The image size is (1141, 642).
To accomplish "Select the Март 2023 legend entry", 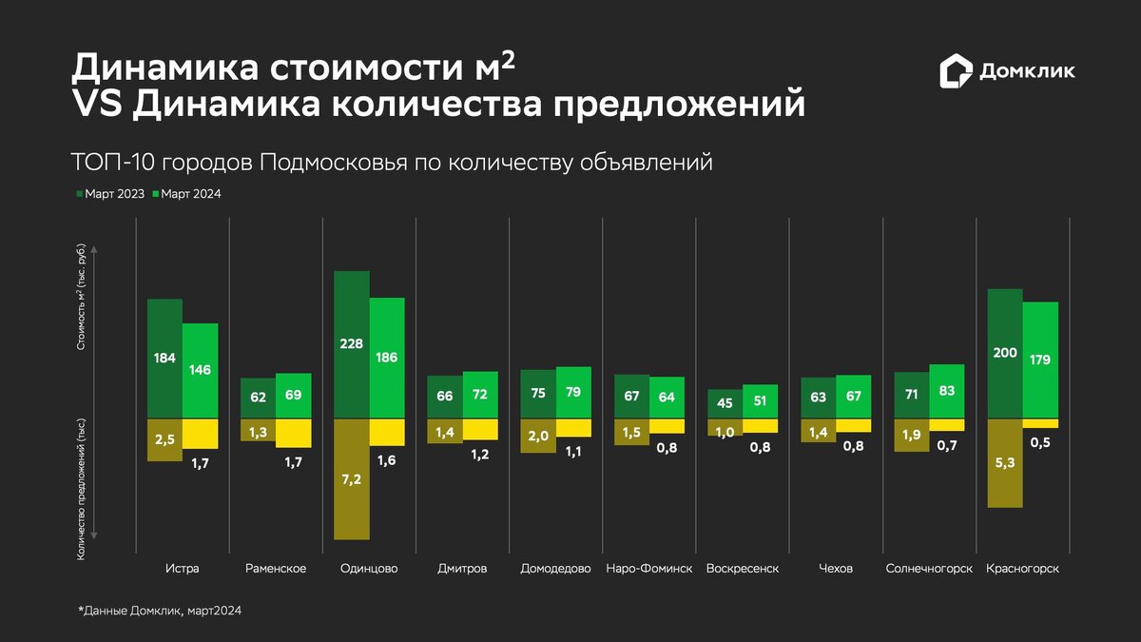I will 110,194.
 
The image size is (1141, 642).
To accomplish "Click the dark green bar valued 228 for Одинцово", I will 352,344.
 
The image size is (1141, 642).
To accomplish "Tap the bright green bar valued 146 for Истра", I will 201,371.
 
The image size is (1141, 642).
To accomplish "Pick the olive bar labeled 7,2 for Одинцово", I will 352,478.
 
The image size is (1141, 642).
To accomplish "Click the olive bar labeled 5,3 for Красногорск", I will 1005,463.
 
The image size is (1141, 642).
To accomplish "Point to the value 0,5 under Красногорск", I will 1041,442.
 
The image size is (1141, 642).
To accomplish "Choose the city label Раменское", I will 276,569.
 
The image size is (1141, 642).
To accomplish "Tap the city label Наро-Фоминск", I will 648,569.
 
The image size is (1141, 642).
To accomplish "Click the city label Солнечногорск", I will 929,569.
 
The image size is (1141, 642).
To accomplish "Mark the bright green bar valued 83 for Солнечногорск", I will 947,391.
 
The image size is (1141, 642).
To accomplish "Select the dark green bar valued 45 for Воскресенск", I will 725,403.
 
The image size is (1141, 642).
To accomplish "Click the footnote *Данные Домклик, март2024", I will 160,612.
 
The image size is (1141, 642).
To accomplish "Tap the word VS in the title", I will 97,105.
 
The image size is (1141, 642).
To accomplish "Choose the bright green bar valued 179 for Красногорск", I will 1040,360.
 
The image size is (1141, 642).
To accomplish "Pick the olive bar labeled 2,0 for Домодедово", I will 538,436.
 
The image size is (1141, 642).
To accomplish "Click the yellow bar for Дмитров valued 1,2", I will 480,429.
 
